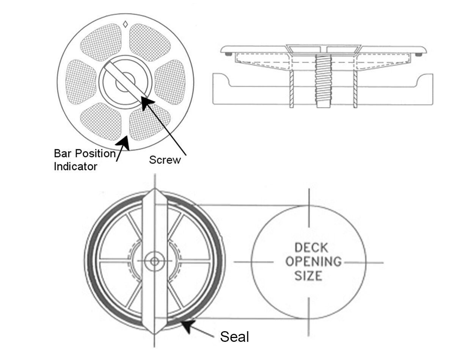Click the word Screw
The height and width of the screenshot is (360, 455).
pos(165,160)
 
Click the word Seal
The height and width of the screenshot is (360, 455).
pos(235,337)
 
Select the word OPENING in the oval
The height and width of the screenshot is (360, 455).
pos(313,261)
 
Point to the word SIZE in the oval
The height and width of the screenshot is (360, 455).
pos(309,275)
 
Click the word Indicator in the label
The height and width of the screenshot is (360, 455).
pos(75,166)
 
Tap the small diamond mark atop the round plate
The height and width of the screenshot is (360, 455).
pos(125,25)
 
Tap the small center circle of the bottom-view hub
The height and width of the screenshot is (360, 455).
pos(154,261)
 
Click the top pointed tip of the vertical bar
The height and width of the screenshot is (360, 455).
pos(154,189)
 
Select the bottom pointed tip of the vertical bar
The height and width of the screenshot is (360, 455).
pos(154,333)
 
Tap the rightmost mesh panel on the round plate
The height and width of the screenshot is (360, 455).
pos(170,82)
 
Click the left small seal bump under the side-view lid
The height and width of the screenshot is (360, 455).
pos(227,55)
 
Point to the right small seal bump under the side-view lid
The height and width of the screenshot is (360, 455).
pos(418,55)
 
